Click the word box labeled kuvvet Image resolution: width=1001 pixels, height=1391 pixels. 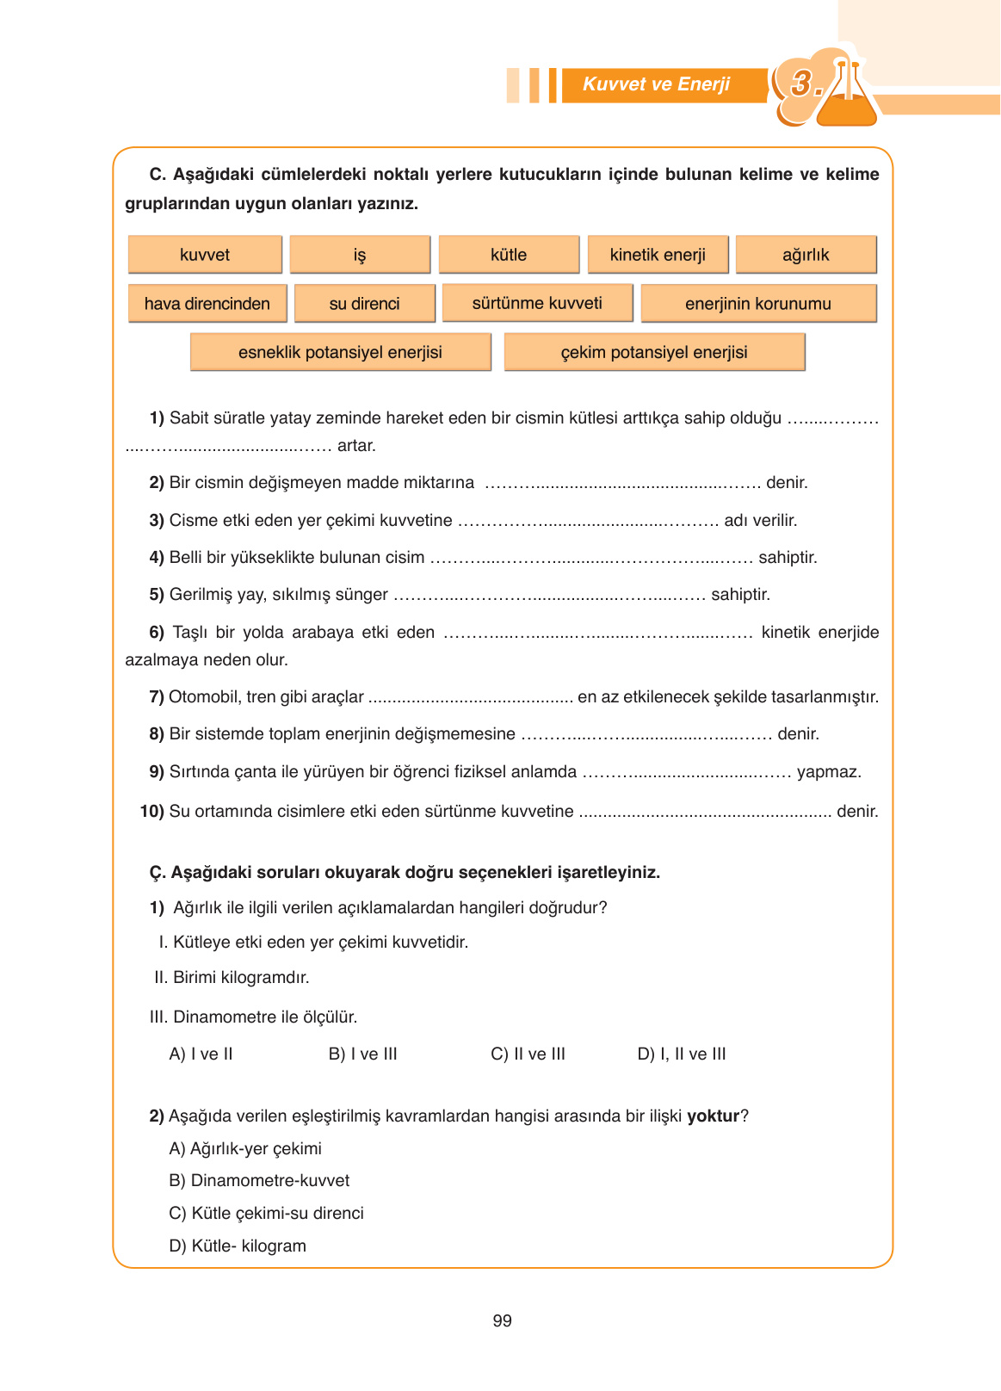[205, 255]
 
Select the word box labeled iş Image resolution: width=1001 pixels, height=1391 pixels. [360, 255]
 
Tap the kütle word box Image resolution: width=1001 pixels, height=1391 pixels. [509, 255]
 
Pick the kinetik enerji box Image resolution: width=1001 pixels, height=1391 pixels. [658, 255]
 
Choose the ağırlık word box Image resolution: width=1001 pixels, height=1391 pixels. [806, 255]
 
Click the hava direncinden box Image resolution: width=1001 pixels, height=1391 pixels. [207, 304]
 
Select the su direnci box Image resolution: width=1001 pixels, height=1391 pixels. [364, 304]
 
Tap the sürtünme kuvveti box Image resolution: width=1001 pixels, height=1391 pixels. [537, 303]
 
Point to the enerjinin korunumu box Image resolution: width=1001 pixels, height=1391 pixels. [757, 304]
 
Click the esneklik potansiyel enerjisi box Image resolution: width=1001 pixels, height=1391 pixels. [340, 352]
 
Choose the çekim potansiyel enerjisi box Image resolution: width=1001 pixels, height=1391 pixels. [654, 352]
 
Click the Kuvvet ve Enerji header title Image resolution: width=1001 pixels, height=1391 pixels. [656, 84]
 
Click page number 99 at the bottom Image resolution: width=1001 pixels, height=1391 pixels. [502, 1320]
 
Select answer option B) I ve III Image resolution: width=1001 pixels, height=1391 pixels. [362, 1054]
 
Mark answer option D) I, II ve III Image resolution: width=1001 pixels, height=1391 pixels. [681, 1054]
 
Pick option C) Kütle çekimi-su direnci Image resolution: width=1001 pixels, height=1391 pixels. [266, 1213]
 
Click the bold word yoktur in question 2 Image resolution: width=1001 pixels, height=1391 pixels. [713, 1116]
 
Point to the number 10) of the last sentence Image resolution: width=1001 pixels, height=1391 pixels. [151, 811]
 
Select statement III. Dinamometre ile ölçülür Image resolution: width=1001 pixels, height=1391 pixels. [253, 1017]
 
